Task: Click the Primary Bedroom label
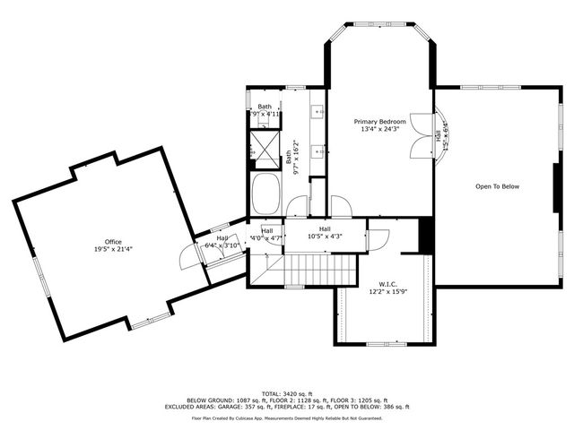point(379,121)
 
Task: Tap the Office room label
point(113,241)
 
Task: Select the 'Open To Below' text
point(497,186)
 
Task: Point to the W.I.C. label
point(387,283)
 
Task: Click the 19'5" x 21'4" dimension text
point(113,249)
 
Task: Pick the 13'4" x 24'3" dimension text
point(379,129)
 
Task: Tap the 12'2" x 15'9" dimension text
point(387,291)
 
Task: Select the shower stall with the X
point(265,149)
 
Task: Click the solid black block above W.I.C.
point(426,236)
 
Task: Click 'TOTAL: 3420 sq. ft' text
point(286,392)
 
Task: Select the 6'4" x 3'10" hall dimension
point(222,245)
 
